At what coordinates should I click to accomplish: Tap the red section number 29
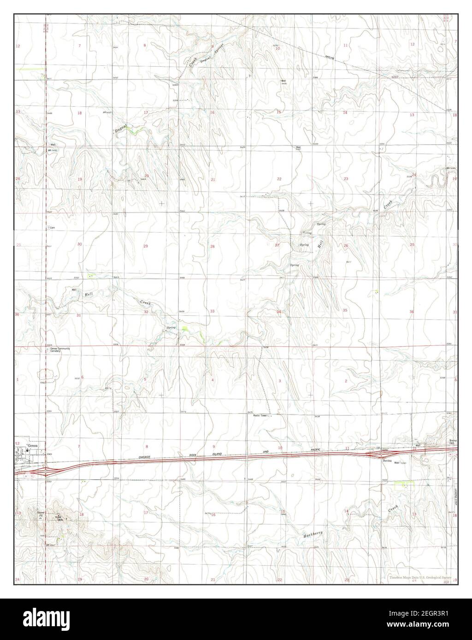pos(145,246)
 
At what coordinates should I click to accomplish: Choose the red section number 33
pos(212,311)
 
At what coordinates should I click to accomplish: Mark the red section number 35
pos(345,310)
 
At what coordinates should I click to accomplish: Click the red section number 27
pos(277,245)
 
